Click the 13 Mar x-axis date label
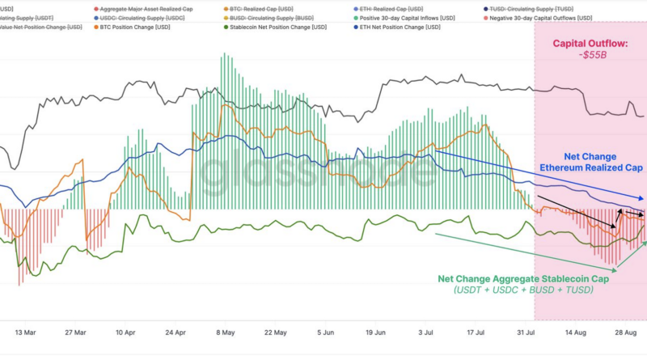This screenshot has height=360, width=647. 26,332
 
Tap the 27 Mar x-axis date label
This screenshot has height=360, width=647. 75,332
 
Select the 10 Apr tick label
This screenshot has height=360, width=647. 125,332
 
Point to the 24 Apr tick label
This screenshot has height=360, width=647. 175,332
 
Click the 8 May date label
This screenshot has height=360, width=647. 226,332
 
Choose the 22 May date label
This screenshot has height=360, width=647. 275,332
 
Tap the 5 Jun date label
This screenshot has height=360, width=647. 325,332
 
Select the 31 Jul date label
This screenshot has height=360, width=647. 526,332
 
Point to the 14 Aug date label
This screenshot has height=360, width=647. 575,332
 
